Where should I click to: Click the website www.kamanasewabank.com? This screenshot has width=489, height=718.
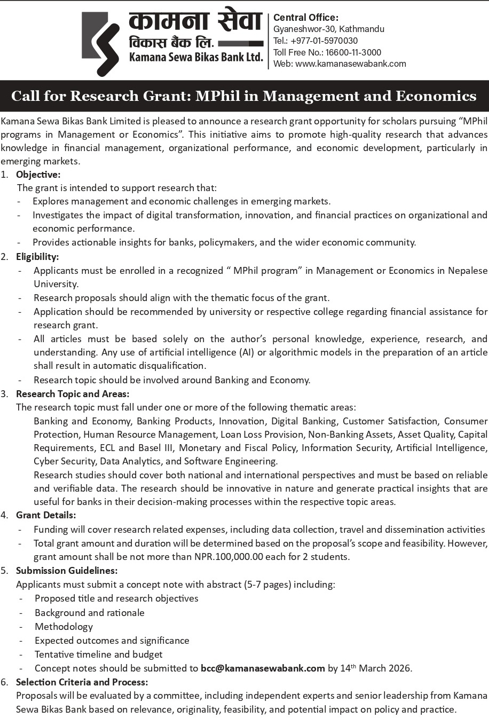[351, 64]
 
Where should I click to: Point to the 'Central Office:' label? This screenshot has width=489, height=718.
[306, 18]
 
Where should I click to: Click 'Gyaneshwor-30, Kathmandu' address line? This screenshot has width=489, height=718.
[329, 29]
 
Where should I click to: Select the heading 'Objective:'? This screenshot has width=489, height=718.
[38, 174]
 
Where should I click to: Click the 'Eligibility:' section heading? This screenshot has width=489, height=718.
[37, 257]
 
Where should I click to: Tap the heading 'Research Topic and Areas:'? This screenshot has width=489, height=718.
[73, 394]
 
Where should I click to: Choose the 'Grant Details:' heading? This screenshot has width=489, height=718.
[46, 515]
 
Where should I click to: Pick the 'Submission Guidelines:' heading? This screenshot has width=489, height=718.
[67, 570]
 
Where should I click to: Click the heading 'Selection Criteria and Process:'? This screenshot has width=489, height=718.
[82, 682]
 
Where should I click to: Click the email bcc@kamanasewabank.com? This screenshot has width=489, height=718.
[263, 668]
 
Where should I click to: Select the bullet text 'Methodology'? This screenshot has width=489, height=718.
[64, 626]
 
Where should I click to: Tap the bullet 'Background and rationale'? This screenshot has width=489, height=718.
[90, 612]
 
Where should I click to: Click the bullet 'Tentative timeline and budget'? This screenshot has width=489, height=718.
[99, 654]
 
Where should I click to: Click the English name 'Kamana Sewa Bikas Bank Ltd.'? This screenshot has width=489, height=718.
[196, 58]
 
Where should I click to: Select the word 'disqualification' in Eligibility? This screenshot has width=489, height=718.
[172, 366]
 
